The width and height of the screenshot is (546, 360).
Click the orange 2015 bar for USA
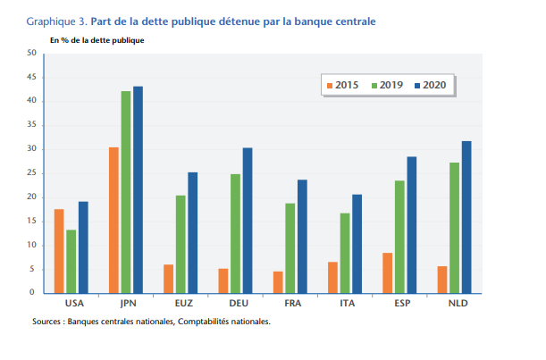tap(59, 251)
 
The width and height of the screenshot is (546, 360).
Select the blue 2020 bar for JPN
tap(138, 189)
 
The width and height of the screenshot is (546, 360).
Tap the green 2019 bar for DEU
tap(235, 233)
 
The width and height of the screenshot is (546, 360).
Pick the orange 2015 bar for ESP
tap(388, 272)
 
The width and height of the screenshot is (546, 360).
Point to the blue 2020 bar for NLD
tap(466, 217)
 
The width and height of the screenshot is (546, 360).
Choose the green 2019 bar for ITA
tap(345, 253)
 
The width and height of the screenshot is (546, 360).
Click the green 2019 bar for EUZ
tap(181, 244)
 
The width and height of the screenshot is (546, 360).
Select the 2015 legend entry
tap(340, 85)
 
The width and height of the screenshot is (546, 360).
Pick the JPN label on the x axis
tap(126, 303)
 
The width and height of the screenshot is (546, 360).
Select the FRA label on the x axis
tap(290, 303)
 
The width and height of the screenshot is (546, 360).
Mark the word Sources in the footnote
tap(47, 322)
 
